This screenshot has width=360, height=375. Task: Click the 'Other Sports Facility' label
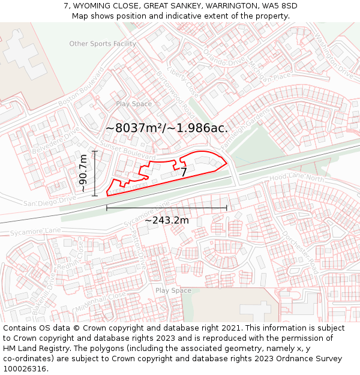pyautogui.click(x=103, y=44)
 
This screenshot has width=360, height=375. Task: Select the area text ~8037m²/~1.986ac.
pyautogui.click(x=167, y=128)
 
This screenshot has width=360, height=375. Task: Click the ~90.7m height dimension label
pyautogui.click(x=83, y=173)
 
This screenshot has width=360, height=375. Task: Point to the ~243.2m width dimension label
pyautogui.click(x=166, y=220)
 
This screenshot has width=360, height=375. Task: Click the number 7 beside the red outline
pyautogui.click(x=184, y=172)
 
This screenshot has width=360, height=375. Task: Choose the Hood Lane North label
pyautogui.click(x=296, y=178)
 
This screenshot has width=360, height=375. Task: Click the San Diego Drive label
pyautogui.click(x=49, y=202)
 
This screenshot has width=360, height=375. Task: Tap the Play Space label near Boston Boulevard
pyautogui.click(x=134, y=104)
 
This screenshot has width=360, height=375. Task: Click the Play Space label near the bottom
pyautogui.click(x=173, y=290)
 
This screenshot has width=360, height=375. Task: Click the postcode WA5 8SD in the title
pyautogui.click(x=277, y=6)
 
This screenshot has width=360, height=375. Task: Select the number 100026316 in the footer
pyautogui.click(x=26, y=368)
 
